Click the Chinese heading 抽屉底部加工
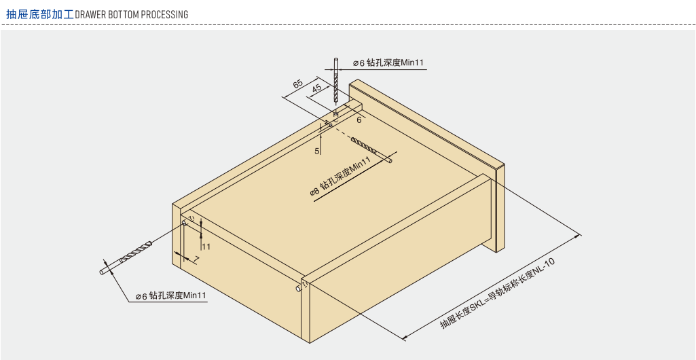click(x=39, y=14)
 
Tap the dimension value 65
click(x=297, y=84)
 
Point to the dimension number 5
click(x=317, y=151)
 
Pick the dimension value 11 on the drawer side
click(x=206, y=247)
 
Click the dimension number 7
click(x=196, y=259)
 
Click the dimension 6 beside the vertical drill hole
click(x=359, y=120)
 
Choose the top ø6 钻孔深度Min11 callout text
click(x=388, y=63)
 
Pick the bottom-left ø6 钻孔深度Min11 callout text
click(x=170, y=296)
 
